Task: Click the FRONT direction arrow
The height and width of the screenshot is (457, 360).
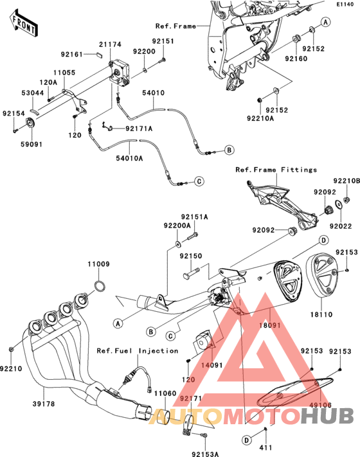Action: click(x=23, y=23)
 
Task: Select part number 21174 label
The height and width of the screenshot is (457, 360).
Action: click(x=110, y=44)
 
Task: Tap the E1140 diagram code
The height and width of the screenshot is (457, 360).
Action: click(x=345, y=4)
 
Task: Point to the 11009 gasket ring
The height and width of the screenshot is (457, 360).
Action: click(x=100, y=286)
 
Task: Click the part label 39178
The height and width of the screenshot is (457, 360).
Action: click(x=44, y=404)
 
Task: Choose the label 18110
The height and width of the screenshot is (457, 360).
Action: click(x=321, y=314)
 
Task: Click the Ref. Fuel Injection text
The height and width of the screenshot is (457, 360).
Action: click(x=138, y=351)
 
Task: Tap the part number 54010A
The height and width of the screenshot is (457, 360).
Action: click(x=129, y=158)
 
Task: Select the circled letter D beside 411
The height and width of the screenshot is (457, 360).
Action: click(x=247, y=440)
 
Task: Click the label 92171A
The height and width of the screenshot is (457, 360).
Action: click(x=139, y=129)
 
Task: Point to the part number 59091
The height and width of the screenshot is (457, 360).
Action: click(x=32, y=144)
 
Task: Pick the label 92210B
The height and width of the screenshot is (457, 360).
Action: click(x=346, y=181)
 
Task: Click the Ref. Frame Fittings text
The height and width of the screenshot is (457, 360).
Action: click(x=276, y=170)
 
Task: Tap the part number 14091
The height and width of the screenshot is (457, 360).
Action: click(x=212, y=365)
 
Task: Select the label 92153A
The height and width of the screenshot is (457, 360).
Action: click(x=205, y=454)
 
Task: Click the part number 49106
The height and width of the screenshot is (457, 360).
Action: click(x=320, y=405)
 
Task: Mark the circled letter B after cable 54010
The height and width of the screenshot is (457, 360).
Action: click(x=230, y=150)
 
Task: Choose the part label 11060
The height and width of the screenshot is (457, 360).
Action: click(x=165, y=393)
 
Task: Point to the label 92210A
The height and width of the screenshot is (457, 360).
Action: click(x=260, y=119)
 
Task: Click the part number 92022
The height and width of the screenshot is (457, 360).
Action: click(x=341, y=226)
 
